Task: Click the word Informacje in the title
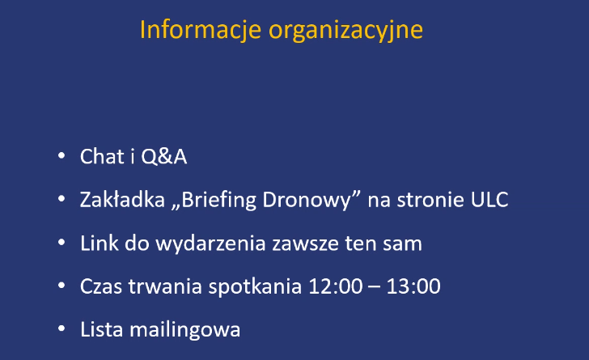[200, 31]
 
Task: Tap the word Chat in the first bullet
[102, 156]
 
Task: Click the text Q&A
[164, 157]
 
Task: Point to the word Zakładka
[122, 199]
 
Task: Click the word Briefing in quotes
[219, 201]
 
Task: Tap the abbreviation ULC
[489, 200]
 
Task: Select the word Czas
[101, 286]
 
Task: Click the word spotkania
[255, 287]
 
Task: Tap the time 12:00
[336, 286]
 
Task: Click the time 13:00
[413, 286]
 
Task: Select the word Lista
[102, 329]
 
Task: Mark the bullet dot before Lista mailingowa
[61, 328]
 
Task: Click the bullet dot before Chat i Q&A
[61, 155]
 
